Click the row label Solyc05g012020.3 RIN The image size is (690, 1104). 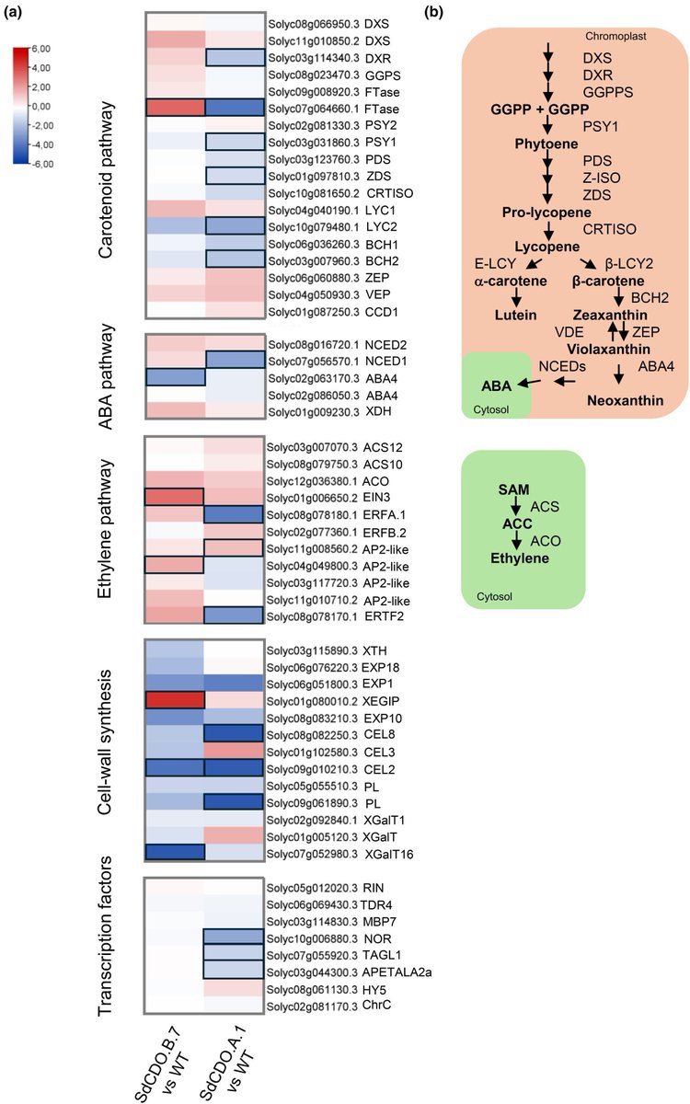[307, 889]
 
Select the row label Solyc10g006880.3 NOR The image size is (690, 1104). [308, 938]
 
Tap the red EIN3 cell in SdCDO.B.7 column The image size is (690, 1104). [173, 498]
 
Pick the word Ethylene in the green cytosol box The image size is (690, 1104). [519, 558]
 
